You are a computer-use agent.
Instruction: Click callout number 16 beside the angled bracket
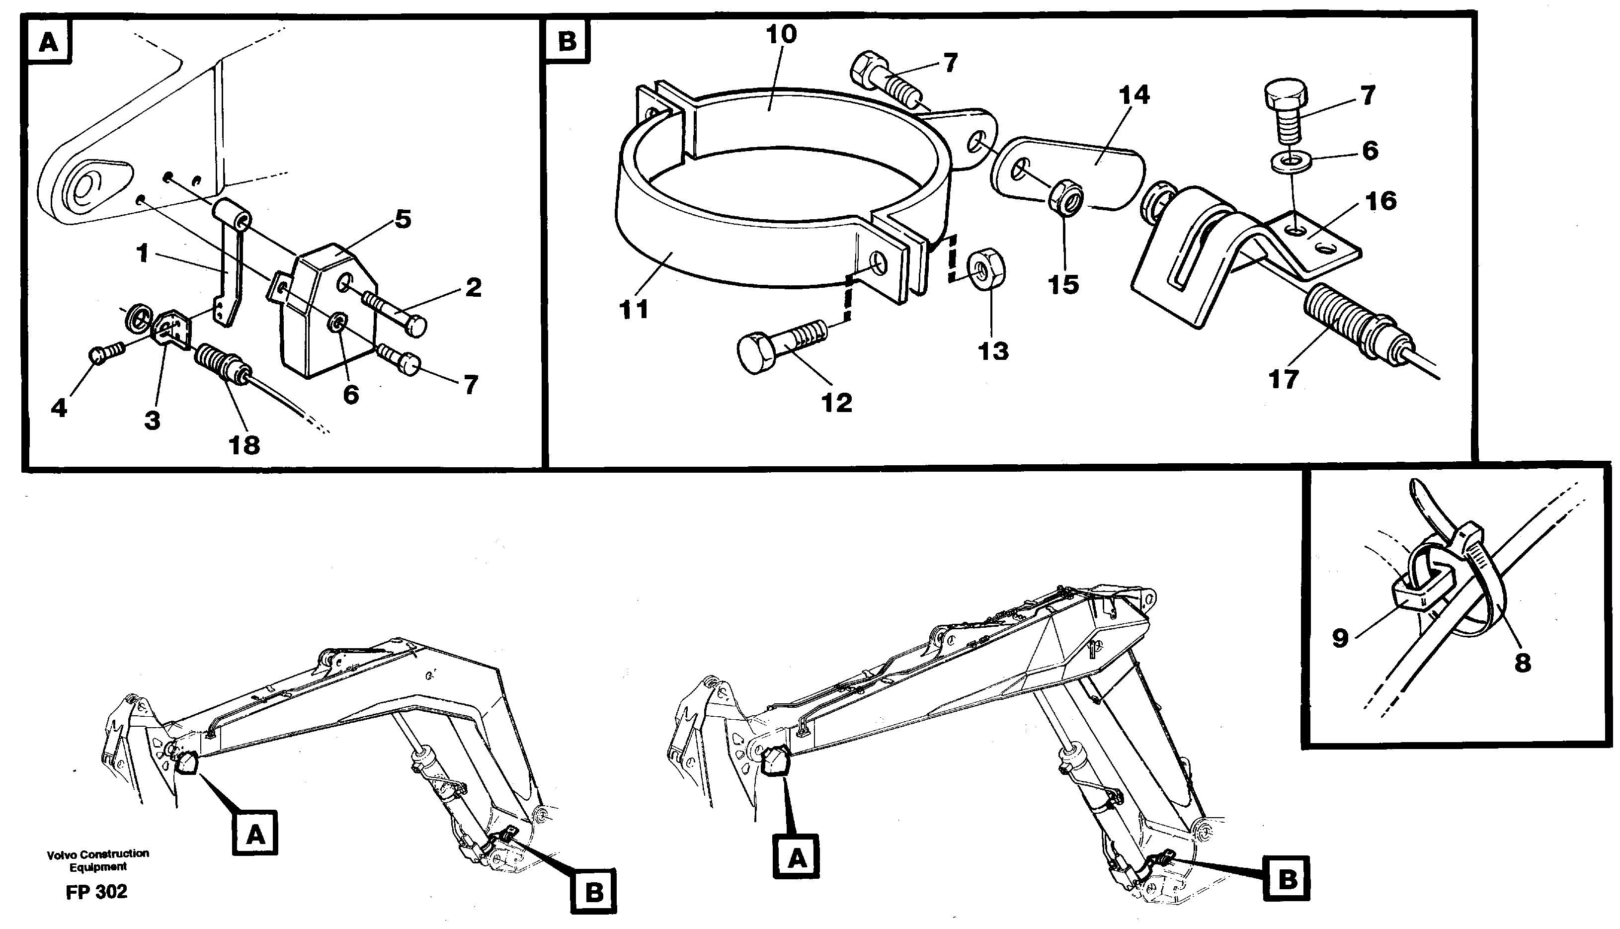[1381, 202]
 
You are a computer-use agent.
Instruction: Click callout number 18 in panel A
[244, 445]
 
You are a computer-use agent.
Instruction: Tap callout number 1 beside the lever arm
[142, 254]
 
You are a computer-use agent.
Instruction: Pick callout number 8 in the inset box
[1523, 664]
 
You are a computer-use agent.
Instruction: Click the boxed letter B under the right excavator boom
[1288, 880]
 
